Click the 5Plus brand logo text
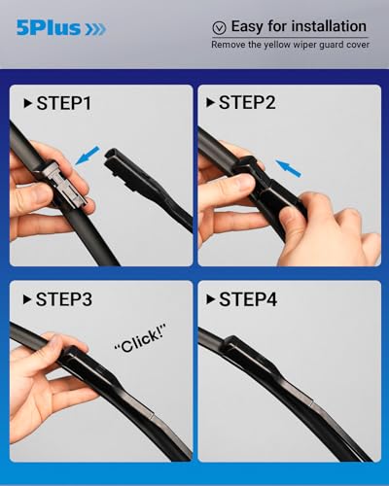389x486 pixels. (x=46, y=28)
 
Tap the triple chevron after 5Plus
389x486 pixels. (x=93, y=28)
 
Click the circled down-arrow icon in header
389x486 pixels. (x=219, y=27)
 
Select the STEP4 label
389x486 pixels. (x=252, y=299)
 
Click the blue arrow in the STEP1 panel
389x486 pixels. (x=88, y=154)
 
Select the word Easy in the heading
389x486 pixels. (x=249, y=26)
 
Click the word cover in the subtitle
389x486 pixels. (x=355, y=45)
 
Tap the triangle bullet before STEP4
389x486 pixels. (x=209, y=299)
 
